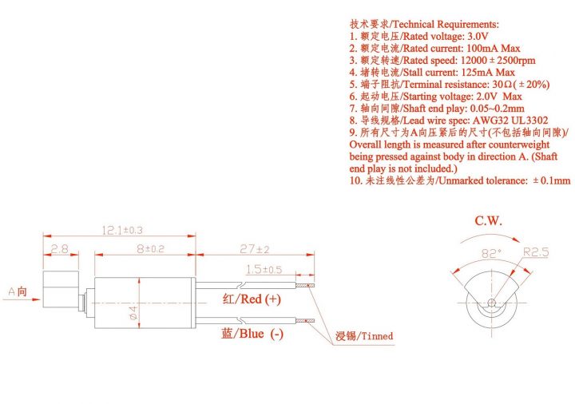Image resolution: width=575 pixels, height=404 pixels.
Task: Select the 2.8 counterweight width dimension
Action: pyautogui.click(x=58, y=249)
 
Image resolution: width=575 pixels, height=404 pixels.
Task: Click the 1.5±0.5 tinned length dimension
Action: pyautogui.click(x=264, y=269)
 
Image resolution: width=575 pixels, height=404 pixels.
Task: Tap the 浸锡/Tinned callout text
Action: pyautogui.click(x=365, y=336)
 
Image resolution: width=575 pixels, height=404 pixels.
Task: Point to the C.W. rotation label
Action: pyautogui.click(x=489, y=221)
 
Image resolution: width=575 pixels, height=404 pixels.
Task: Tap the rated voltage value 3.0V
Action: pyautogui.click(x=471, y=37)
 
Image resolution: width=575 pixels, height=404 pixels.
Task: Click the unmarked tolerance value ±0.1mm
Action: pyautogui.click(x=551, y=180)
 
